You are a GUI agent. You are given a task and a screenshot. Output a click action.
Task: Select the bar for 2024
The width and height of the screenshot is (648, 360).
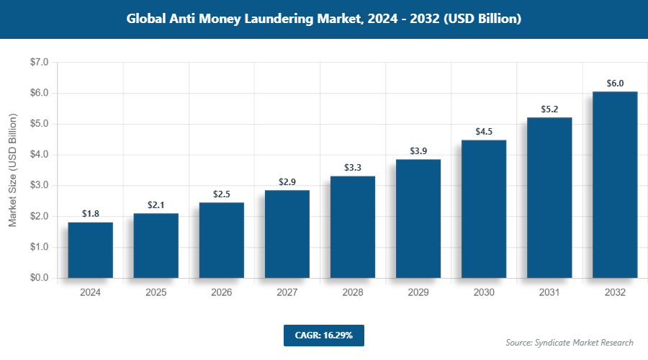click(x=91, y=250)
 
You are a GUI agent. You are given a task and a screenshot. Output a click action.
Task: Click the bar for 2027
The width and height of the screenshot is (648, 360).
click(x=287, y=234)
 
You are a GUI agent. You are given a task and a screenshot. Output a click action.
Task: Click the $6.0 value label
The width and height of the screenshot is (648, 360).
click(x=615, y=84)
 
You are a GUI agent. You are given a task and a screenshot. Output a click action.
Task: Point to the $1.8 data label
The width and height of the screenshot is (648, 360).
click(x=91, y=214)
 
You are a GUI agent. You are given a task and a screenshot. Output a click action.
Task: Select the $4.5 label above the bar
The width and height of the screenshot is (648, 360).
click(x=484, y=132)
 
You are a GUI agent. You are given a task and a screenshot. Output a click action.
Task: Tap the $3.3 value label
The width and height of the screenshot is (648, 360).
click(x=353, y=168)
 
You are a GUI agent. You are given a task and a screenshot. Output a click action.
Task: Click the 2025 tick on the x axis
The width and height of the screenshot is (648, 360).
click(x=156, y=292)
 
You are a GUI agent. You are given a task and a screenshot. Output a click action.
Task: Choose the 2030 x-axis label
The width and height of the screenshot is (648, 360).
click(x=484, y=292)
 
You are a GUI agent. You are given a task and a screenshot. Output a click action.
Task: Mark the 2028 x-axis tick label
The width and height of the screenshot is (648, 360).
click(x=353, y=292)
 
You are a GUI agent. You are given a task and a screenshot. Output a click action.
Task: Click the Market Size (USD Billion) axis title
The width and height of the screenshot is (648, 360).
click(x=12, y=170)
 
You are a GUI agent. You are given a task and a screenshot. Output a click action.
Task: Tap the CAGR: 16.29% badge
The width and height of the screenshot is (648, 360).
click(x=323, y=335)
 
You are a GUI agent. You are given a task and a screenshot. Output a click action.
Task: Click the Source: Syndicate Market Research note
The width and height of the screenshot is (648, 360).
click(x=569, y=342)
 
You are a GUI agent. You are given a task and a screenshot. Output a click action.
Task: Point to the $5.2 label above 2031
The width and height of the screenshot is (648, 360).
click(x=549, y=109)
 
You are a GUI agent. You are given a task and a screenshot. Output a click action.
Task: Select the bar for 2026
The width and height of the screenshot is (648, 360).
click(x=222, y=240)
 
